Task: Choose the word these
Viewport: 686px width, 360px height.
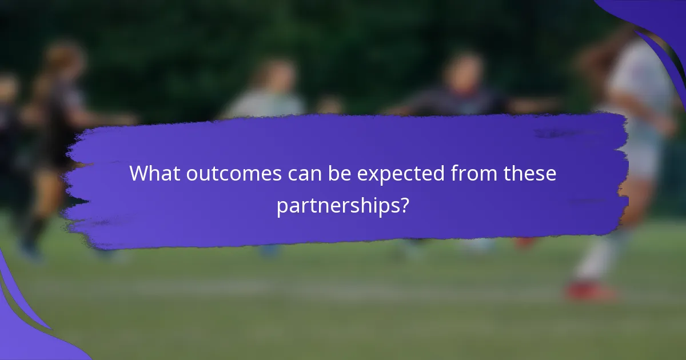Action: pos(529,173)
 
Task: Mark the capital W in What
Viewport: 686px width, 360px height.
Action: pos(140,173)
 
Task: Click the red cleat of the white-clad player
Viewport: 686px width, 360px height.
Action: pos(589,292)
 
